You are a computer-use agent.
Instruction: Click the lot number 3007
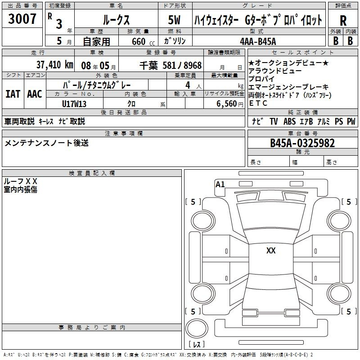(x=22, y=19)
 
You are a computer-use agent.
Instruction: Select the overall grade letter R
(x=343, y=21)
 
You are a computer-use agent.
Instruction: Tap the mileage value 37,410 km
(x=55, y=65)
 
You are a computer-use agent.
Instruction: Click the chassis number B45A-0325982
(x=302, y=143)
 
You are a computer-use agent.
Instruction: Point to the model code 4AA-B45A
(x=258, y=41)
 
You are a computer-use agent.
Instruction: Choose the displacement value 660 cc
(x=143, y=42)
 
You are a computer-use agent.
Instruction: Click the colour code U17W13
(x=74, y=104)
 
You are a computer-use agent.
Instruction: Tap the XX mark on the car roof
(x=271, y=251)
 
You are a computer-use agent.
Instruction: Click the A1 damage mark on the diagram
(x=220, y=184)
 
